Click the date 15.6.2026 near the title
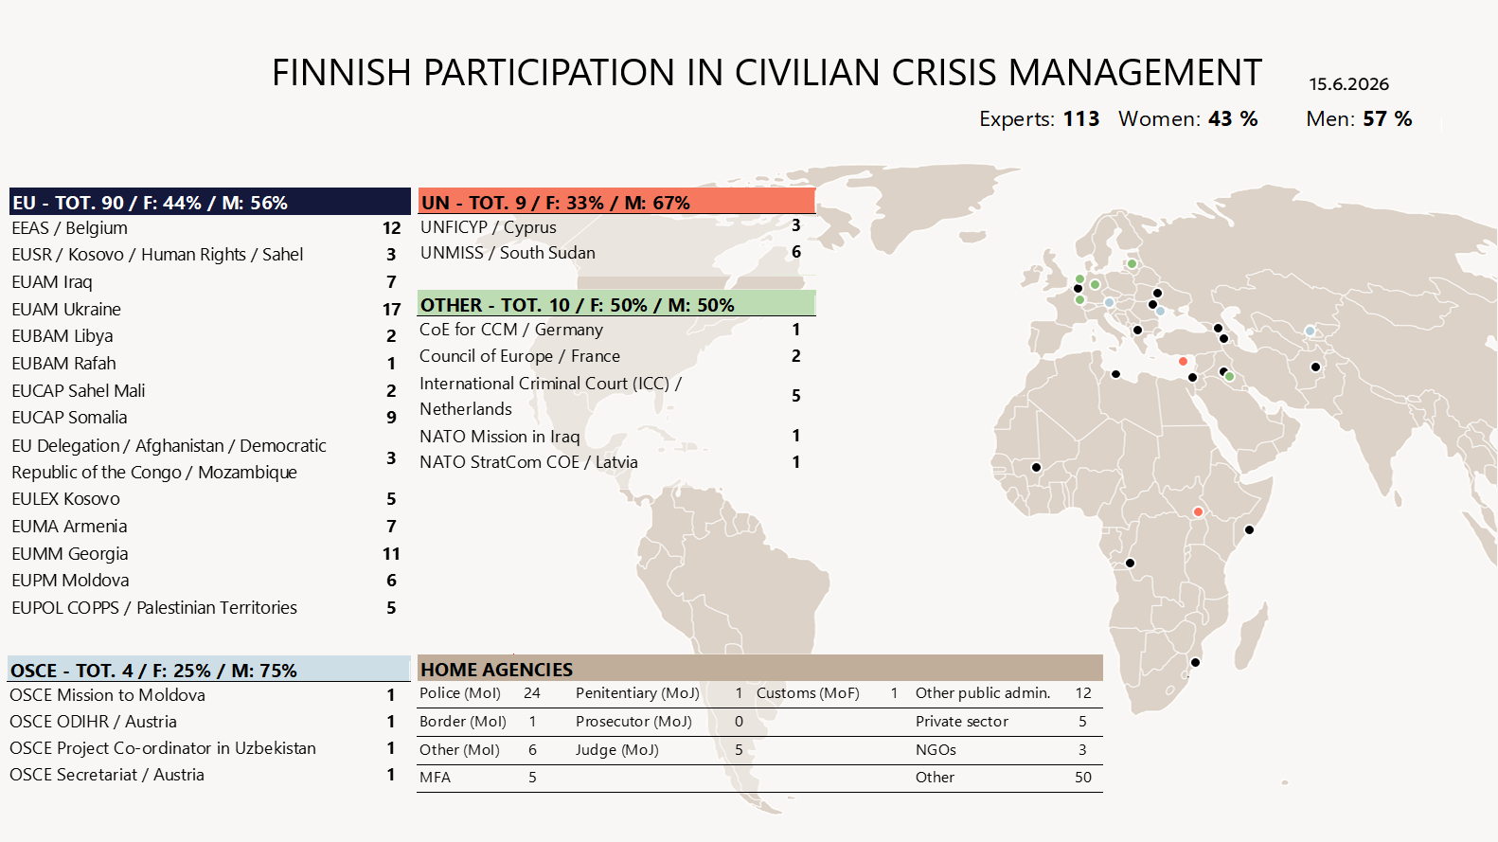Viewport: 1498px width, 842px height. (1349, 84)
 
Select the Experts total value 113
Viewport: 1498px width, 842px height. (1081, 119)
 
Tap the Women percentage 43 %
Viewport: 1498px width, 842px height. (1233, 119)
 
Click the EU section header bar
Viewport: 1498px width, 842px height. (210, 202)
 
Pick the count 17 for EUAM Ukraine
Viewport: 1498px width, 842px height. (391, 309)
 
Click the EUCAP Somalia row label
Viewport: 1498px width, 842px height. (69, 418)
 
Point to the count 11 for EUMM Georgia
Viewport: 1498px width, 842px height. (391, 554)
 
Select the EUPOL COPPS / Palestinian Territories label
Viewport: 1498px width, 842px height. (154, 607)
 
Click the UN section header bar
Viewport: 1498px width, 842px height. (616, 202)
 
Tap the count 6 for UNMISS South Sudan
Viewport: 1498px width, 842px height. (795, 252)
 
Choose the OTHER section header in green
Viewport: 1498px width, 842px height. (616, 304)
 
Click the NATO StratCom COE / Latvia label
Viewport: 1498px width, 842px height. (528, 462)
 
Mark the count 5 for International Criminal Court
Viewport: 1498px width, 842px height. (795, 396)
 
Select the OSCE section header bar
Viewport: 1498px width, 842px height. (209, 670)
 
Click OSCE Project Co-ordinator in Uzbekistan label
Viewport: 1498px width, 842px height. (163, 747)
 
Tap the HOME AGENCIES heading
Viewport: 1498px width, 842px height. (496, 670)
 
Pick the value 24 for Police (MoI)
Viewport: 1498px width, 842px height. (531, 693)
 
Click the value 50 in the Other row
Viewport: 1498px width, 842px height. (1082, 778)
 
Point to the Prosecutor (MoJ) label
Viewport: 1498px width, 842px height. (633, 722)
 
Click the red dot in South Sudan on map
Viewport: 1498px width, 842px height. (1198, 512)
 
